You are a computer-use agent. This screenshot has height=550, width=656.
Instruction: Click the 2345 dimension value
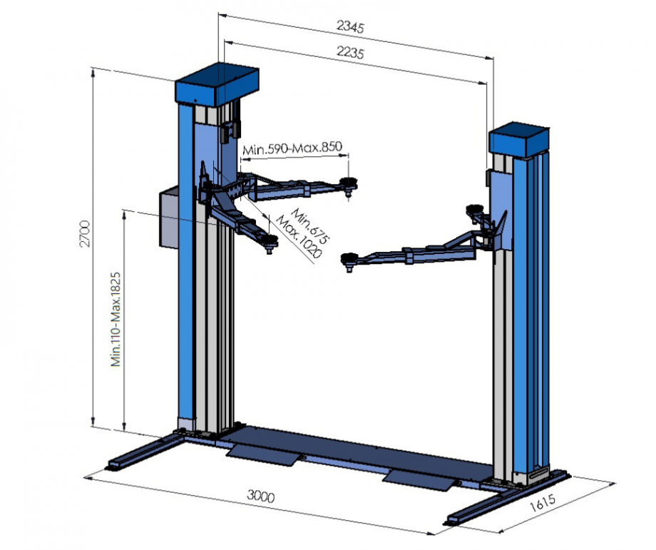[351, 26]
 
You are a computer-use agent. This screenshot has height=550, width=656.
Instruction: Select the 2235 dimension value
[351, 52]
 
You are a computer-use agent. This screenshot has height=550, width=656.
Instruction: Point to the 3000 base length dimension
[261, 496]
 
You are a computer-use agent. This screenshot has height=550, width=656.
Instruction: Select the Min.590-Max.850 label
[292, 148]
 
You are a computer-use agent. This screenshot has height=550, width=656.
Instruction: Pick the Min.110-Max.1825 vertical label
[116, 320]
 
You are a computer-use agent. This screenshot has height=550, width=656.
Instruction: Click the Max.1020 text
[299, 238]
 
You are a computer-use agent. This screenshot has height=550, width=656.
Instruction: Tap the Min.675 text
[310, 225]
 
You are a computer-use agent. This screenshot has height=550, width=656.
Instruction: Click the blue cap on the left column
[217, 85]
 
